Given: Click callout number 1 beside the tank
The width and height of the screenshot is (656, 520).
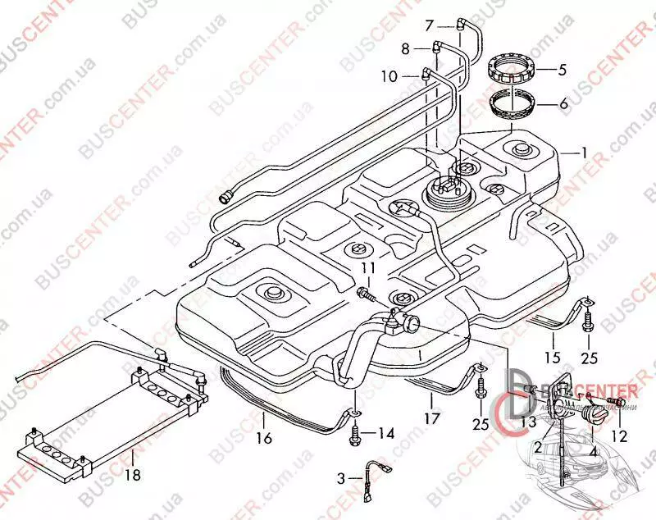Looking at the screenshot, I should (585, 152).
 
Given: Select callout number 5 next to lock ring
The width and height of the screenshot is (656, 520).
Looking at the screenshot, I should (563, 71).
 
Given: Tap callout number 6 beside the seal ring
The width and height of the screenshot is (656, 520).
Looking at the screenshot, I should (563, 104).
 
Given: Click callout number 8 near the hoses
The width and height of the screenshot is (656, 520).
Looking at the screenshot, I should (404, 49).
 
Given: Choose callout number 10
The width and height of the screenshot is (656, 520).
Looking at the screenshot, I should (389, 76).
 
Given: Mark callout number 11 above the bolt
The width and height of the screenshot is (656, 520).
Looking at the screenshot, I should (367, 268).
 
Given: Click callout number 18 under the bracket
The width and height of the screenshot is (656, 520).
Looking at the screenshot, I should (131, 474).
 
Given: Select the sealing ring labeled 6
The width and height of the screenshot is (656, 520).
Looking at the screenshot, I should (512, 105).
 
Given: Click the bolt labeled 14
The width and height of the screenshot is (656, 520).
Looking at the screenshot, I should (354, 432).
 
